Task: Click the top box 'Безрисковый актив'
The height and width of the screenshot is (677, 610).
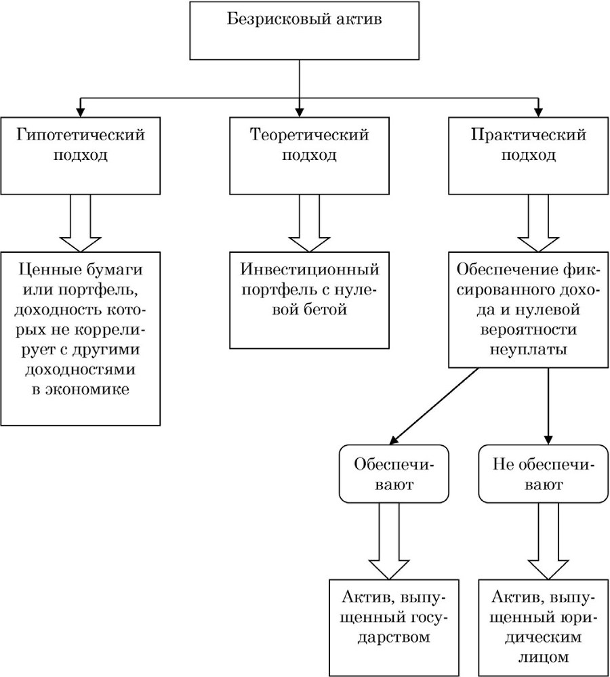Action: tap(304, 30)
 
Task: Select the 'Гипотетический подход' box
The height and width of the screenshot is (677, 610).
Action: tap(80, 155)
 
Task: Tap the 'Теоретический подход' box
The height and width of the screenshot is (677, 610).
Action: tap(309, 155)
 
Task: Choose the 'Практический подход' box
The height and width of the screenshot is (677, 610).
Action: tap(529, 155)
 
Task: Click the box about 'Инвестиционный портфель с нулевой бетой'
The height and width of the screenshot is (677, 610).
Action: tap(309, 300)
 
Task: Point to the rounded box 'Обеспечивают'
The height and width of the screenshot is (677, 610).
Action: tap(394, 474)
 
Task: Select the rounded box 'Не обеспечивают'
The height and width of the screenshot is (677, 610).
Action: tap(544, 474)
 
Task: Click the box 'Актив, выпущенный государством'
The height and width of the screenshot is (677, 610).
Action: tap(394, 628)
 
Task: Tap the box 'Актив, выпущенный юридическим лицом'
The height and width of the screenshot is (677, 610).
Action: tap(544, 628)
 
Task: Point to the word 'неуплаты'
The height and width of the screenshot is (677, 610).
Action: tap(529, 350)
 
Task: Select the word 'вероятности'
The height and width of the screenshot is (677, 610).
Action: tap(529, 329)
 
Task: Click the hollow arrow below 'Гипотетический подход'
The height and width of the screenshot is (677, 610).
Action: tap(80, 223)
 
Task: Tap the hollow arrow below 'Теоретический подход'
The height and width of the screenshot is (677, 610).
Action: tap(309, 223)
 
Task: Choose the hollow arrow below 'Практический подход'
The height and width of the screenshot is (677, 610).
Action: tap(538, 223)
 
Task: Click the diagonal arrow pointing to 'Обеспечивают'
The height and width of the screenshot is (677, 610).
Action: tap(434, 406)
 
